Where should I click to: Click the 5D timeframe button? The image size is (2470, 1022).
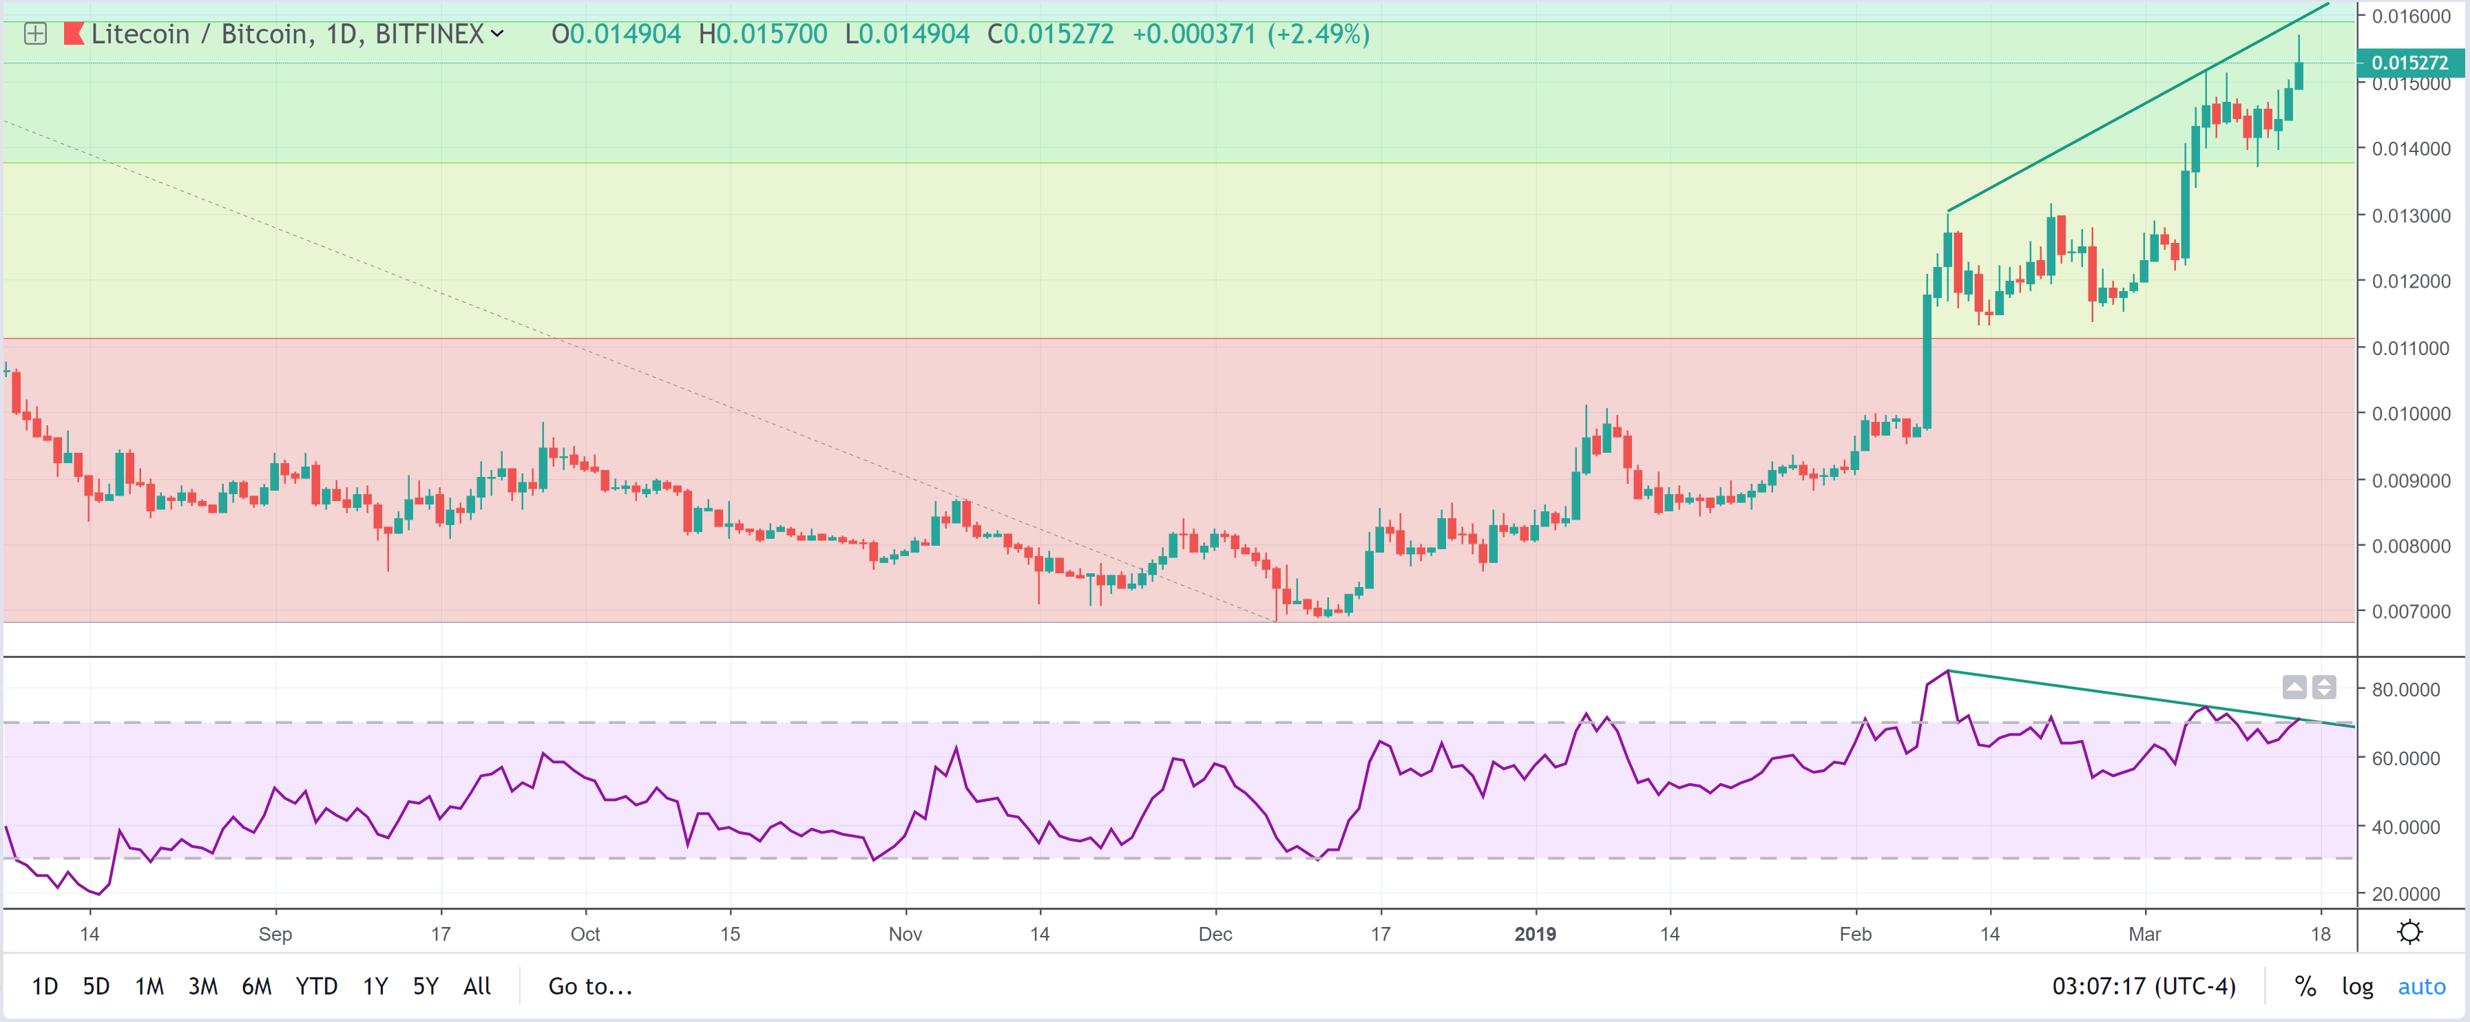coord(96,986)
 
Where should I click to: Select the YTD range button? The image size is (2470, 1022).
coord(317,986)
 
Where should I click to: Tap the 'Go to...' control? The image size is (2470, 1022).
coord(589,986)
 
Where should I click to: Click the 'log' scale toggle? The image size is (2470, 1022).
coord(2357,986)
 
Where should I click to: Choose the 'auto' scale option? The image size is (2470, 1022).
coord(2421,986)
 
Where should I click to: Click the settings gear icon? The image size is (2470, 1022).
coord(2409,932)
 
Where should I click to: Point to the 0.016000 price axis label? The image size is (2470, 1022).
coord(2411,17)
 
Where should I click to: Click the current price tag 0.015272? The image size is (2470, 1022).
coord(2409,63)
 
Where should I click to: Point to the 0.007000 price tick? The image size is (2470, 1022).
coord(2411,612)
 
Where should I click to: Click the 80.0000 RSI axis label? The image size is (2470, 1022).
coord(2406,690)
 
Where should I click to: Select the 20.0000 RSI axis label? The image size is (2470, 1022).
coord(2406,893)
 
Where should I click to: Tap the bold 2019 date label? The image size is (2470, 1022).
coord(1534,934)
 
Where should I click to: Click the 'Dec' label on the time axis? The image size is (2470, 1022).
coord(1215,934)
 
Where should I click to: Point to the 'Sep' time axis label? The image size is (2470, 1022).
coord(275,934)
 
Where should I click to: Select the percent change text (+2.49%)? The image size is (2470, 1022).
coord(1319,34)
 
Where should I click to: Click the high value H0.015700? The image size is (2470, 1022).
coord(762,34)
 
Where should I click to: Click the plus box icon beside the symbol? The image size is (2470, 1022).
coord(36,34)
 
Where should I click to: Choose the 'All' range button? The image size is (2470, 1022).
coord(477,986)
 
